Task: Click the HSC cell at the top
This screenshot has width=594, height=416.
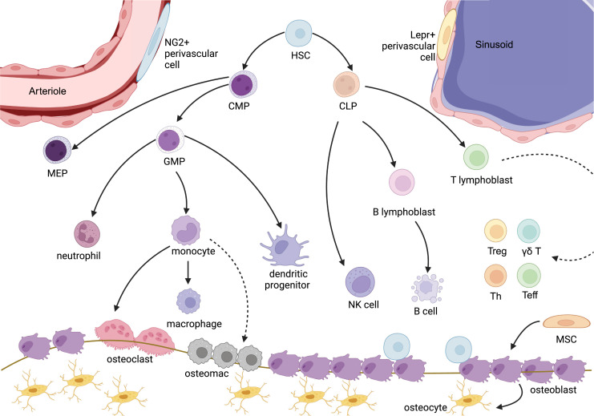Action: tap(299, 34)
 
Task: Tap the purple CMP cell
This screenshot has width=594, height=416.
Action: tap(243, 84)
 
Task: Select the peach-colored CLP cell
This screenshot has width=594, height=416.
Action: tap(346, 85)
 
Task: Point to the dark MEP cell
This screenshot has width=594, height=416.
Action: tap(57, 150)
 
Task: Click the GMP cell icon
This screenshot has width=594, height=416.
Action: tap(170, 139)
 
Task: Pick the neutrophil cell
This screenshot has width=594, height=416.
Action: tap(87, 234)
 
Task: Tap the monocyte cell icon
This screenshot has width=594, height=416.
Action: tap(186, 230)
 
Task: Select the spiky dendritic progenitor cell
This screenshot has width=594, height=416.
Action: tap(285, 246)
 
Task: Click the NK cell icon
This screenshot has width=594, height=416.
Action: tap(360, 282)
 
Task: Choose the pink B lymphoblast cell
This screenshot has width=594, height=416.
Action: tap(402, 182)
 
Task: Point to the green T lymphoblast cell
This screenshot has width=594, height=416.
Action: tap(476, 157)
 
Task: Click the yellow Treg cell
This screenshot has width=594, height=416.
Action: tap(495, 231)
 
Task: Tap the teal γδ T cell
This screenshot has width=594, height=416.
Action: tap(528, 231)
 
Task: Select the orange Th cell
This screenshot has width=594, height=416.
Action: tap(495, 277)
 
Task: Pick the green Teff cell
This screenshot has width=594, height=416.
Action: tap(529, 276)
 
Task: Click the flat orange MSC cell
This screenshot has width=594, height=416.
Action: tap(567, 322)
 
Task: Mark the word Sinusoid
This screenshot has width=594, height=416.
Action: tap(494, 45)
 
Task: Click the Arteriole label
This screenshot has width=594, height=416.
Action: tap(47, 91)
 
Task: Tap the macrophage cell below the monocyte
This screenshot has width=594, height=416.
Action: tap(188, 301)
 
